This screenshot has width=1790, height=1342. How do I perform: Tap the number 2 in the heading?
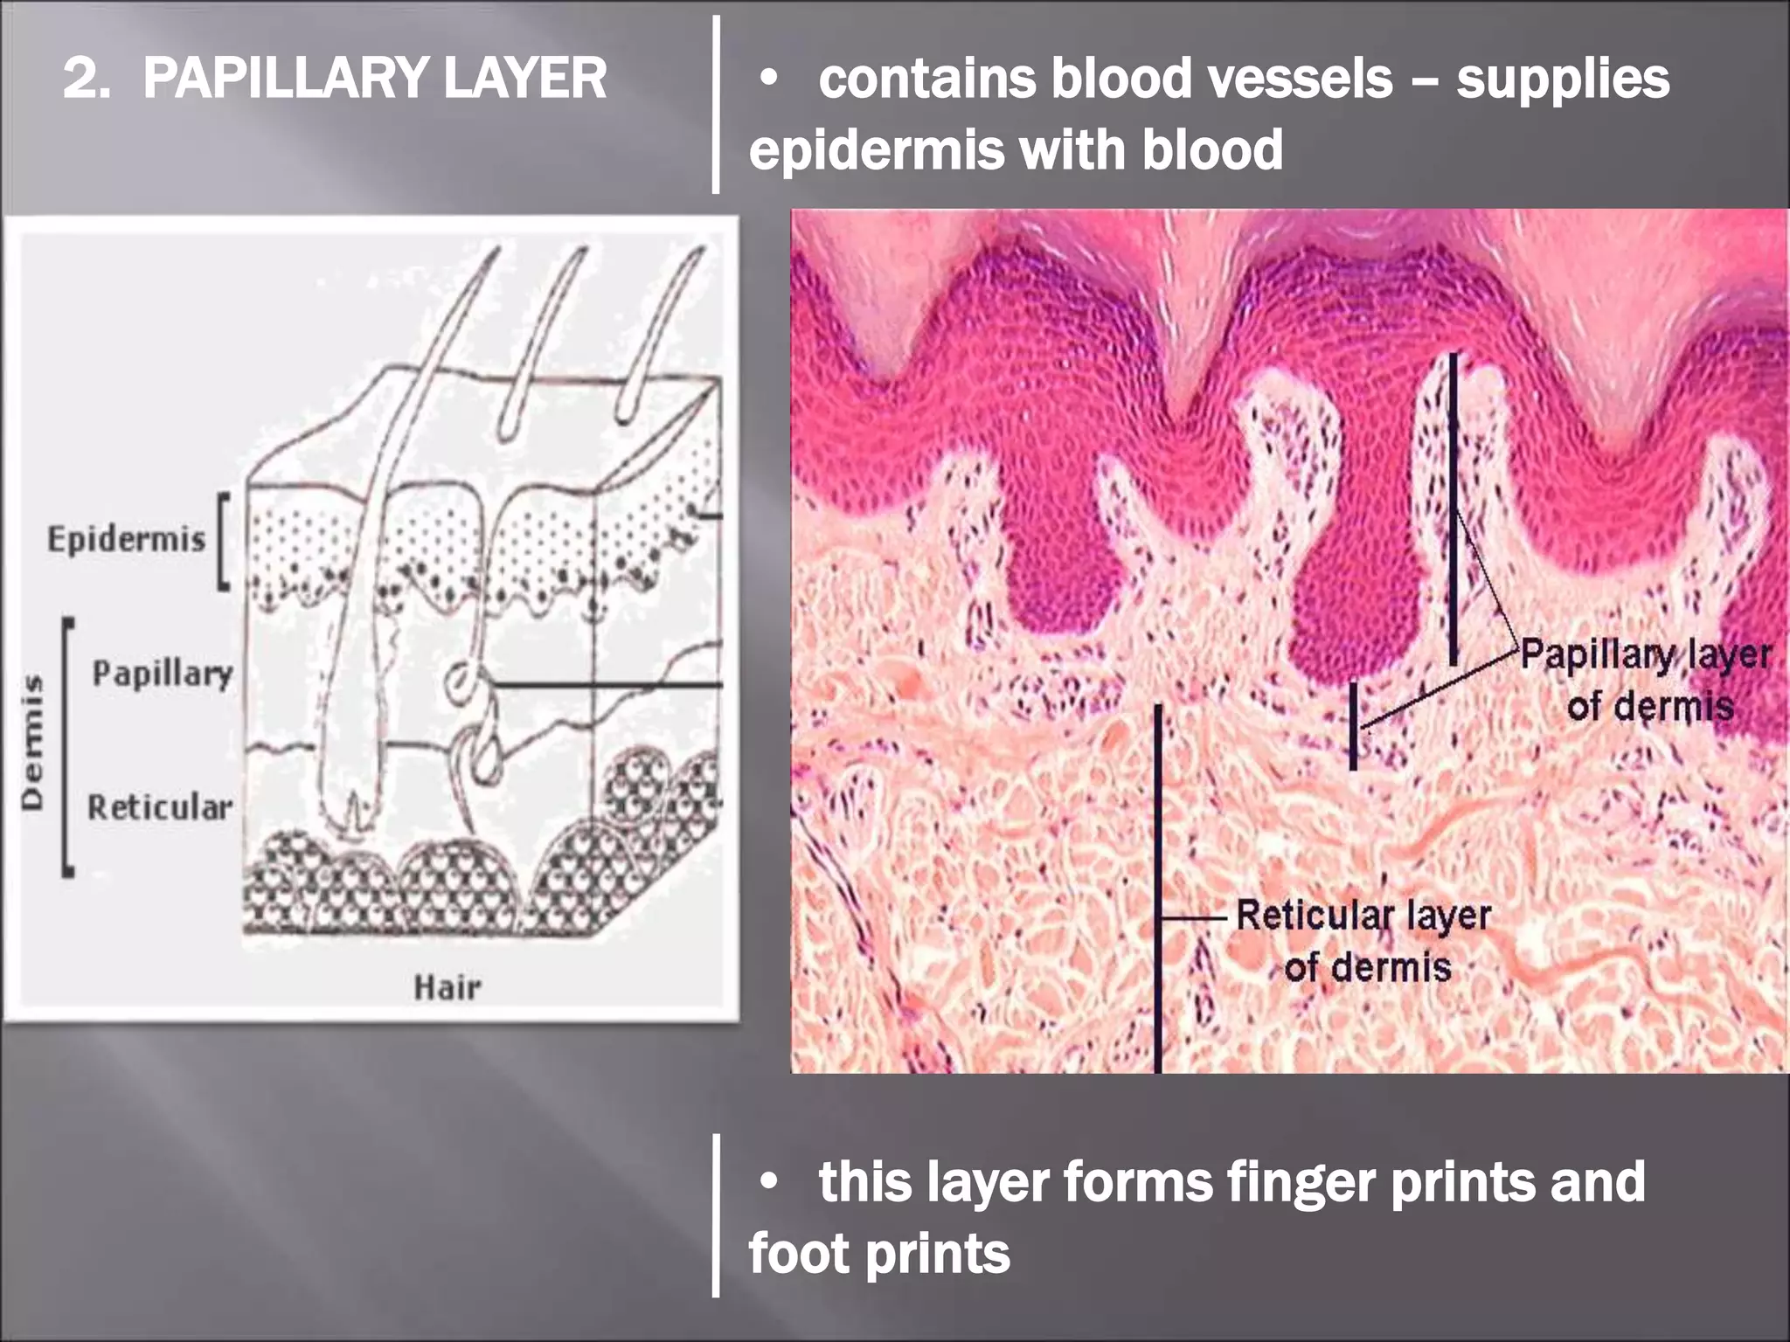point(81,79)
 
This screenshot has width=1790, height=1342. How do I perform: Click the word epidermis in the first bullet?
point(877,150)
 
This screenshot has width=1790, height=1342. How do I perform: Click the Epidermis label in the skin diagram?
point(126,540)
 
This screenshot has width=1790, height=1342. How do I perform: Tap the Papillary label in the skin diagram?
point(163,674)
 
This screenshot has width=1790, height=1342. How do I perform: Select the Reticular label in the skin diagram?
point(160,807)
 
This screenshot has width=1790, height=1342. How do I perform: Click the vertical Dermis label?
point(33,743)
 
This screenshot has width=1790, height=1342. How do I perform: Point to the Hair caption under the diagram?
point(447,988)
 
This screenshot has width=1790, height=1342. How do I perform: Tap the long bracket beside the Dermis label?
point(67,747)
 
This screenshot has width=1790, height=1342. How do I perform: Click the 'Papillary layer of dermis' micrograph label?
point(1648,680)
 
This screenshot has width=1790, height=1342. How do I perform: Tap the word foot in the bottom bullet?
point(798,1254)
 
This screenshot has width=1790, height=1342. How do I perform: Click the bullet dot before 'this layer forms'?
point(769,1182)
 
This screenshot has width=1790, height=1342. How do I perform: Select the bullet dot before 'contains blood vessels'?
point(769,80)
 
